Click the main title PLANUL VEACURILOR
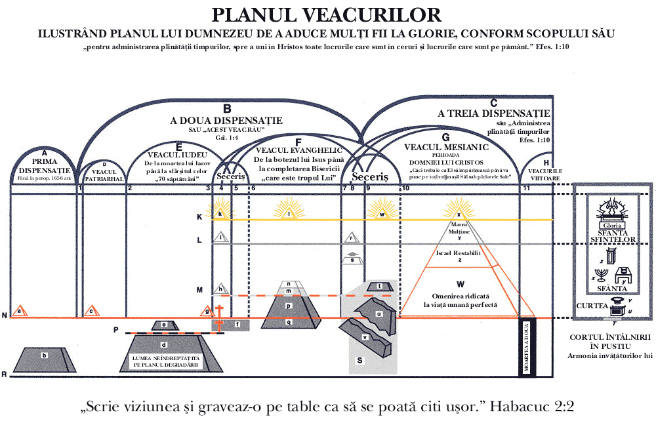326,15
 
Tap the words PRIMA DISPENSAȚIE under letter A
45,167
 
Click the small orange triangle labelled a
20,312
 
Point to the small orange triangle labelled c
92,312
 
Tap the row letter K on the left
199,216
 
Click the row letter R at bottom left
5,375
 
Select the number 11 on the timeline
526,189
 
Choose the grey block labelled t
380,287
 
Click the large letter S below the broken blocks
359,360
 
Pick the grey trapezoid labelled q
289,322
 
